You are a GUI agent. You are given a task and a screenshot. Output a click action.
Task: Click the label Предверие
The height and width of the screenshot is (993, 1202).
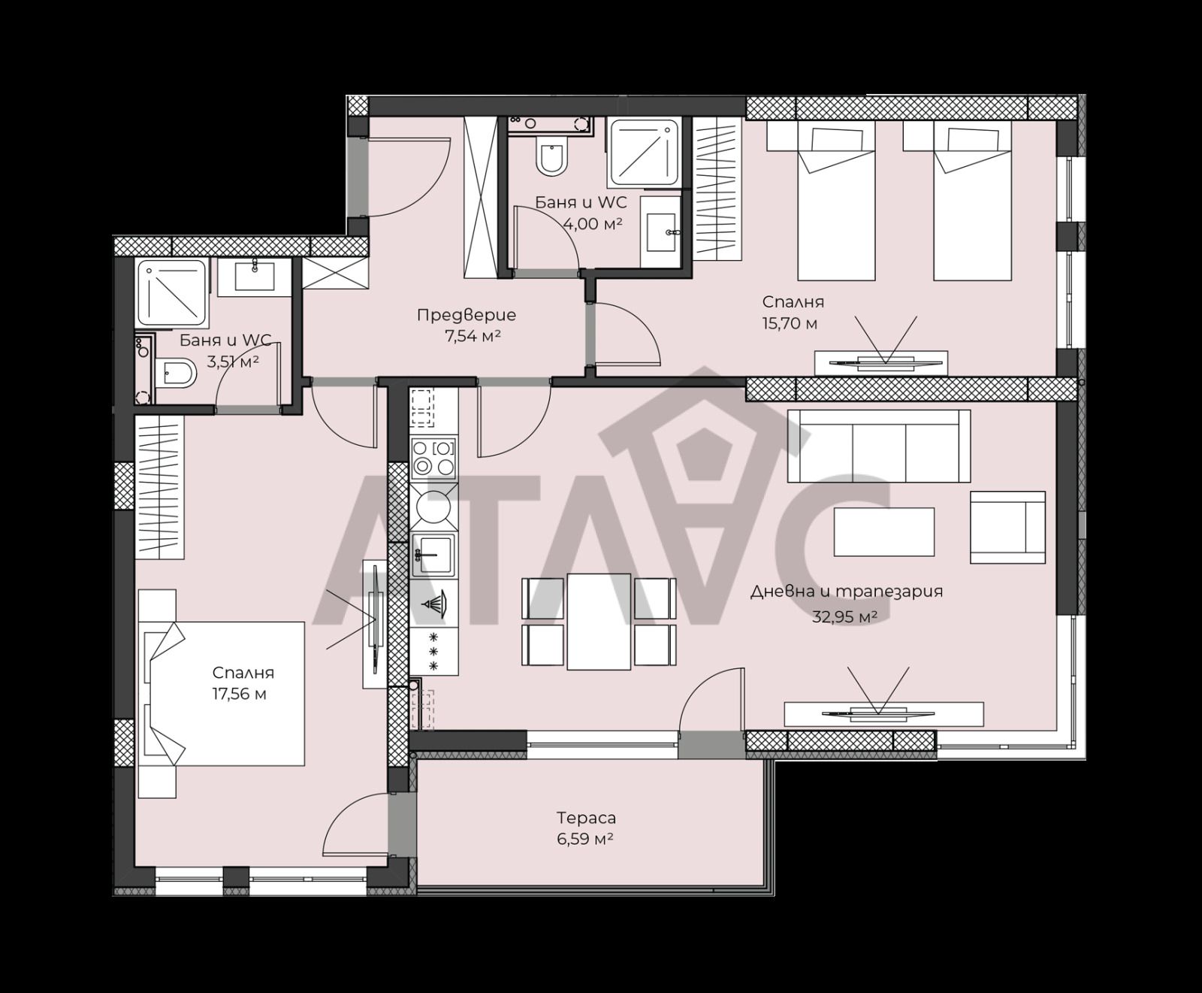467,316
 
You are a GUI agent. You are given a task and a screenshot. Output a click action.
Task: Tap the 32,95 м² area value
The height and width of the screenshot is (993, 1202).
845,617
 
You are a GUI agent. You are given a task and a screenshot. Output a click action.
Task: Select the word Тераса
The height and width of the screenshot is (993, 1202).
586,818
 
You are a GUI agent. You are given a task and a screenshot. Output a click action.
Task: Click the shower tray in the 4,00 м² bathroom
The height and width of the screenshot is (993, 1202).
645,152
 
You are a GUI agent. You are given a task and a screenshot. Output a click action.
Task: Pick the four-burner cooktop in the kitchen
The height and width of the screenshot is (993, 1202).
434,458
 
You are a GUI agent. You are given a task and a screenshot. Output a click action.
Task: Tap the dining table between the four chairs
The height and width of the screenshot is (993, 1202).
599,621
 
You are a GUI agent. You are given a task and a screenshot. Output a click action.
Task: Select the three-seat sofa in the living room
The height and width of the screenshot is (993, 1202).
879,446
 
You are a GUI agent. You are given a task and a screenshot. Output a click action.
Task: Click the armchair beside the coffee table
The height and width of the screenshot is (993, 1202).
1007,527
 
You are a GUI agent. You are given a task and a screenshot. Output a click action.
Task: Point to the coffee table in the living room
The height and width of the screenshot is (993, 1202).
884,531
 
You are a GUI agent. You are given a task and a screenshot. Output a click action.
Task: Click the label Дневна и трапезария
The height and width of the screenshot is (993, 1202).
847,592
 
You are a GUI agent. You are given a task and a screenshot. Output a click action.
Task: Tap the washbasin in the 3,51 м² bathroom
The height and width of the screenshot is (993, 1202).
255,275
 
